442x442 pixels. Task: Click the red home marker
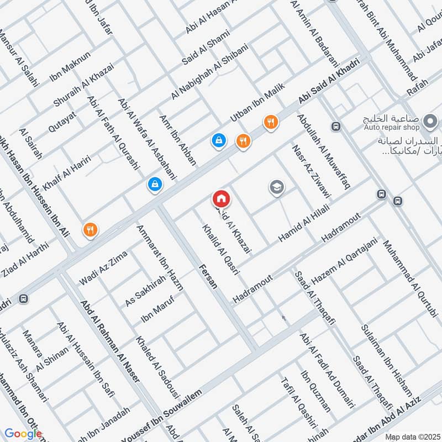(222, 198)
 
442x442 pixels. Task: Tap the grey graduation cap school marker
(277, 188)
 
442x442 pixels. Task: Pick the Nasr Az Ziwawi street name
(312, 171)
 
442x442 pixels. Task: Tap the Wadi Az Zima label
(103, 268)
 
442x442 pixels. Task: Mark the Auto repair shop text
(399, 127)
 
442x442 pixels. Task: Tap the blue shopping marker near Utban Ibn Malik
(219, 140)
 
